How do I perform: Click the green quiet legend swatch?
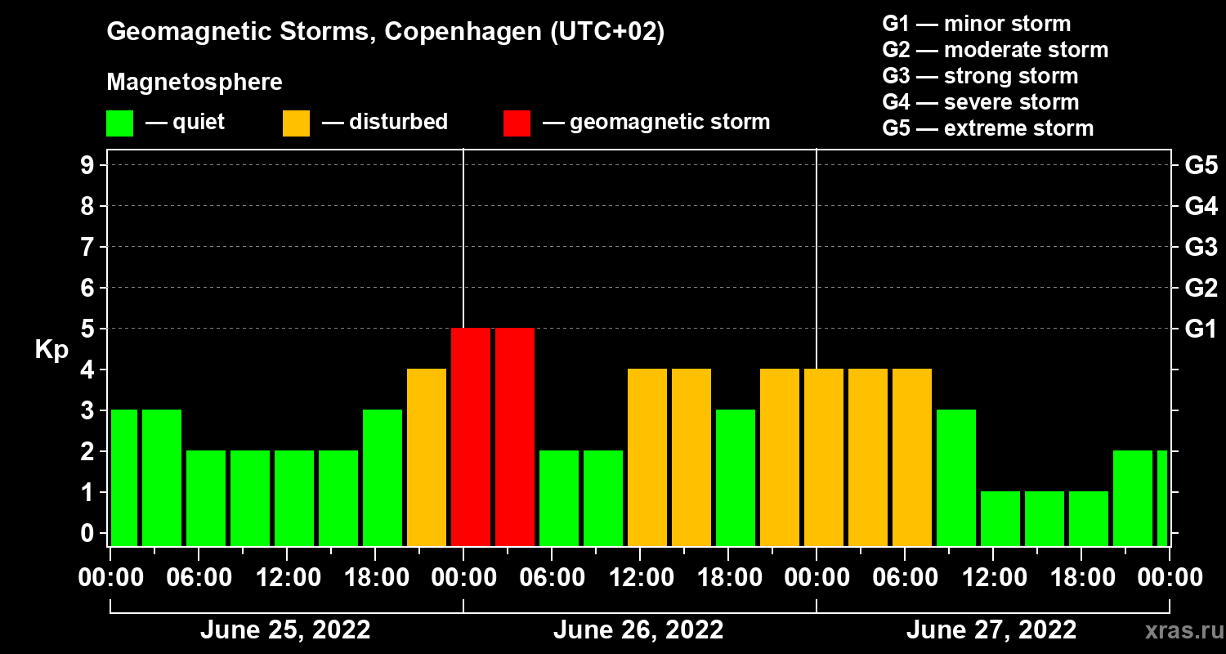[119, 123]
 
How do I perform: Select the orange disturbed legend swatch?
[296, 123]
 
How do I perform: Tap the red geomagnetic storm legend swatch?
[517, 123]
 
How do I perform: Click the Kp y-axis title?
[51, 350]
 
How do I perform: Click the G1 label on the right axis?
[1200, 329]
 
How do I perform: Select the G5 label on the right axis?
[1200, 166]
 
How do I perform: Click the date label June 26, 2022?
[638, 630]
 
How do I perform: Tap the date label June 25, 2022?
[285, 630]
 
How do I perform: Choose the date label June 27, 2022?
[991, 630]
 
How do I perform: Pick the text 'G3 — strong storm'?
[980, 76]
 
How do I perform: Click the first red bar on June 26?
[471, 437]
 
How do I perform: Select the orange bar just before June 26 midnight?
[427, 457]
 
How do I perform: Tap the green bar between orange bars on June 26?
[736, 477]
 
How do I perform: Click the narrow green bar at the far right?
[1162, 498]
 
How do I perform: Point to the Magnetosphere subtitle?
[195, 83]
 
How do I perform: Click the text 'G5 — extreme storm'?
[987, 128]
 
